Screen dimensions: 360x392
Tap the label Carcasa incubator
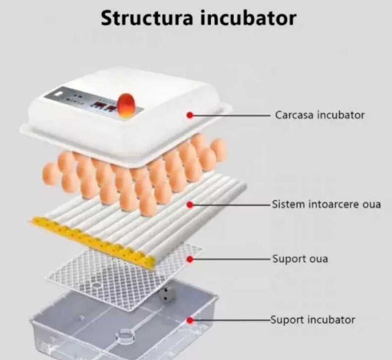click(319, 115)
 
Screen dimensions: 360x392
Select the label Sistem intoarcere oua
click(326, 204)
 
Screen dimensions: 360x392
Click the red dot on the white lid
click(190, 115)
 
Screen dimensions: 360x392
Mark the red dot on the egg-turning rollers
click(190, 205)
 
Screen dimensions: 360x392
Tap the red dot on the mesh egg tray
click(190, 259)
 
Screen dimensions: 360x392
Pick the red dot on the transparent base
click(190, 320)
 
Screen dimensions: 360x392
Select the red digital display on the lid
click(100, 107)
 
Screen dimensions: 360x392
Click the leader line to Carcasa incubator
click(232, 115)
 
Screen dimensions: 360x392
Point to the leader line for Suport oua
click(232, 259)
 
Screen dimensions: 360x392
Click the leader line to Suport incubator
click(232, 320)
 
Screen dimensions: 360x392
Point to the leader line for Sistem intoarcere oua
click(232, 205)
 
